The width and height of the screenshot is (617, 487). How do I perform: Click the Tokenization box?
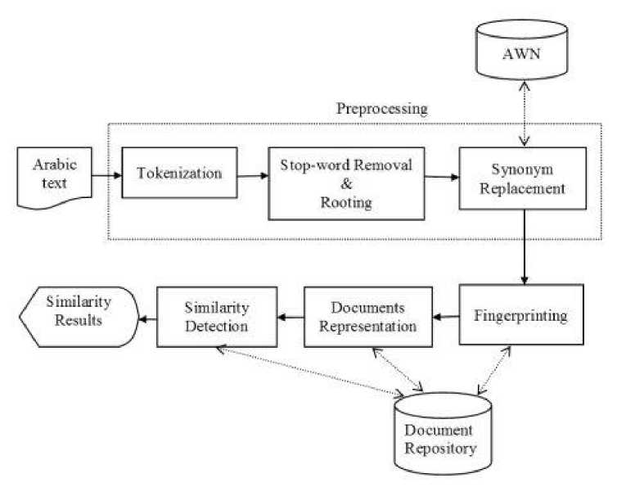[x=179, y=173]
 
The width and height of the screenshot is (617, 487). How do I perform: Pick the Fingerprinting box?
[x=520, y=315]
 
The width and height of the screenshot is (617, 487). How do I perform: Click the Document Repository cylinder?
[x=445, y=435]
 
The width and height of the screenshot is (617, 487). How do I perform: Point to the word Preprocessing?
[x=382, y=109]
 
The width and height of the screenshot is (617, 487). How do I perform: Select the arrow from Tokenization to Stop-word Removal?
[x=253, y=174]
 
